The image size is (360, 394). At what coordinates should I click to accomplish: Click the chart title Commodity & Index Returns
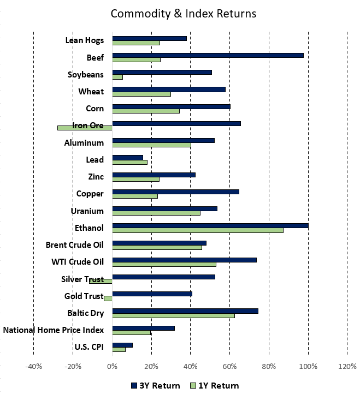[183, 13]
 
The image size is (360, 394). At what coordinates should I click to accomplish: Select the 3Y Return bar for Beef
[208, 55]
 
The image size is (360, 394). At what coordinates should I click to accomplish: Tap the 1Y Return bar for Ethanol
[198, 230]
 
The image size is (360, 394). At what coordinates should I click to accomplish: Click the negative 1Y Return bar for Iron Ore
[85, 128]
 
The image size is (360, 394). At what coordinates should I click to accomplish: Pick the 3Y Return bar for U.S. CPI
[122, 345]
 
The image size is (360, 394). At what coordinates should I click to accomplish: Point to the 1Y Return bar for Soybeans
[117, 77]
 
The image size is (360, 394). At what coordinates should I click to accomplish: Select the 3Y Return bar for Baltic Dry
[185, 311]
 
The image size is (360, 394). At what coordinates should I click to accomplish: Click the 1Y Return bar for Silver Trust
[101, 281]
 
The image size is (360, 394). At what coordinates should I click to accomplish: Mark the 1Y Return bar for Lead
[129, 162]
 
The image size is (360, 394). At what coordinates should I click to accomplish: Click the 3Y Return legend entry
[156, 385]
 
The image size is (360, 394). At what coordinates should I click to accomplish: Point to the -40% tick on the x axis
[33, 367]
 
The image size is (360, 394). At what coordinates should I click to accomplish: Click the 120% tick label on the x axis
[347, 367]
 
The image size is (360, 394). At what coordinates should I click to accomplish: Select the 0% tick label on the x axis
[112, 367]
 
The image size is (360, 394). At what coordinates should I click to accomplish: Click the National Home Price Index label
[54, 330]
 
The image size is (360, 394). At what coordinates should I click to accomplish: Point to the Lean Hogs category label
[84, 40]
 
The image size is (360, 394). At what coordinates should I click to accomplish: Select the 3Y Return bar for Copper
[175, 192]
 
